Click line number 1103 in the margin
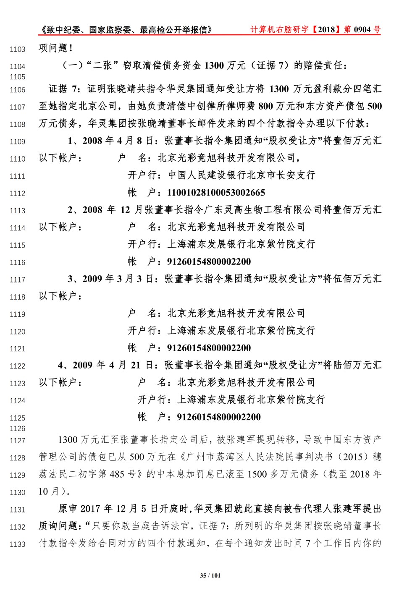tap(17, 50)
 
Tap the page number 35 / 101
tap(210, 575)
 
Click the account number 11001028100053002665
tap(216, 193)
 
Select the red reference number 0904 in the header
tap(362, 29)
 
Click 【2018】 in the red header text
tap(327, 29)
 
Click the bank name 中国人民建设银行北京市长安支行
tap(241, 175)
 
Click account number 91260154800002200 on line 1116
tap(209, 262)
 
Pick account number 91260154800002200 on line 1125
tap(219, 417)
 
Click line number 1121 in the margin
tap(17, 349)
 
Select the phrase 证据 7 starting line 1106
tap(63, 89)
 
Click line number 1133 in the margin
tap(17, 544)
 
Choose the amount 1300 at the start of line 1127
tap(68, 440)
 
